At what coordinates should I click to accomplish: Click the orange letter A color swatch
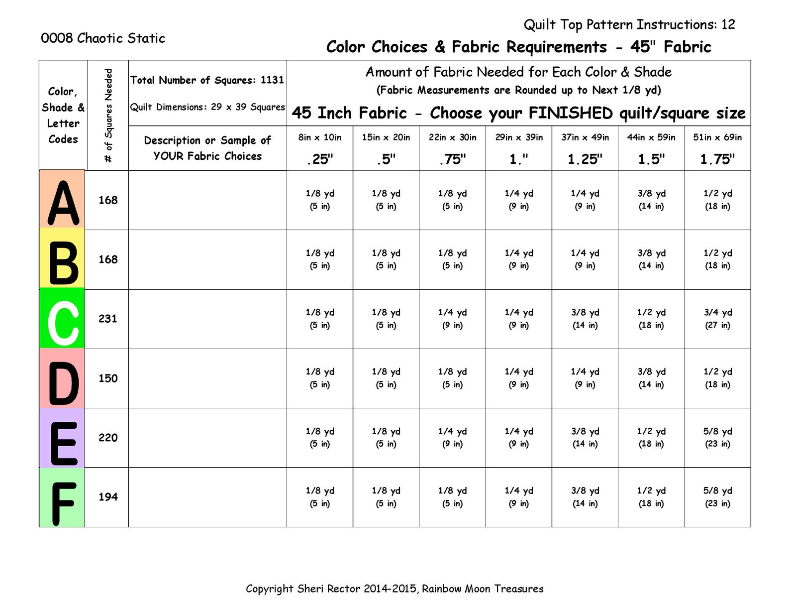click(62, 199)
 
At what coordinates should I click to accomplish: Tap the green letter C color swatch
click(62, 319)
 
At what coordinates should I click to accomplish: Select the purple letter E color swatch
click(62, 438)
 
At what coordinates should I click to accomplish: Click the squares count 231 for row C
click(107, 319)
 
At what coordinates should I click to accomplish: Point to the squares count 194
click(107, 497)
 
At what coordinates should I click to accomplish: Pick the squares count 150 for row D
click(107, 378)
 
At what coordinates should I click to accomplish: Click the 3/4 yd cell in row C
click(717, 318)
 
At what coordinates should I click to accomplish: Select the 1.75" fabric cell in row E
click(717, 437)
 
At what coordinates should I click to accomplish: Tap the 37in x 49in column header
click(585, 137)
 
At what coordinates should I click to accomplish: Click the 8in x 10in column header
click(320, 137)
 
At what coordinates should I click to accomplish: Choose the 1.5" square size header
click(651, 159)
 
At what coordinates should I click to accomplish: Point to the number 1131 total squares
click(272, 80)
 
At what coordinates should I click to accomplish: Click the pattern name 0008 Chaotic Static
click(103, 38)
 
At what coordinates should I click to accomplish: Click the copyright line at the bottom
click(395, 589)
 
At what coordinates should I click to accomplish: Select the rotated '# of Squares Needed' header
click(108, 116)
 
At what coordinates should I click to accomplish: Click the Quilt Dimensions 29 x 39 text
click(207, 107)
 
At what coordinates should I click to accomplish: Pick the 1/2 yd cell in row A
click(717, 199)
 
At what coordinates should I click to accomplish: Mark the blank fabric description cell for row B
click(207, 259)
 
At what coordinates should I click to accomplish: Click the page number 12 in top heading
click(728, 24)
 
